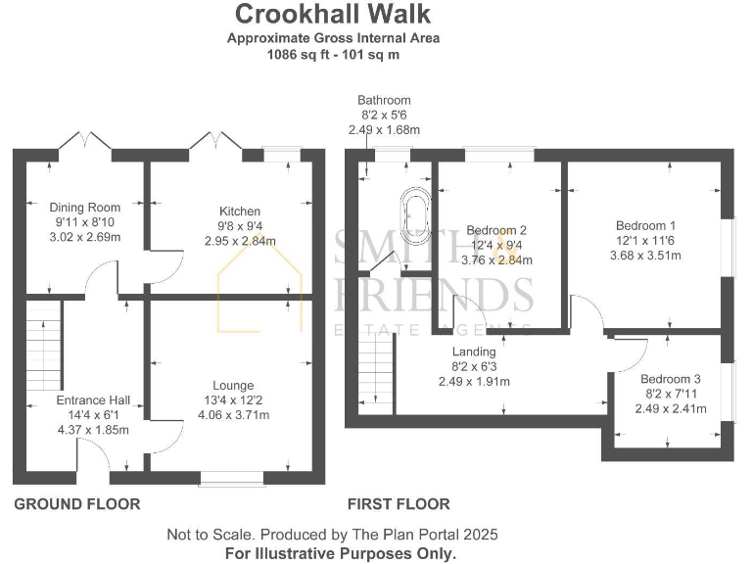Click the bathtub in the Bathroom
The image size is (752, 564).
[416, 211]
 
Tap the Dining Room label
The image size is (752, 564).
[85, 208]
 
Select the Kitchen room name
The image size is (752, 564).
[240, 211]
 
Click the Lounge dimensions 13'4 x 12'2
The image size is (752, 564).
[234, 399]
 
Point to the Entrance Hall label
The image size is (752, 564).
[93, 399]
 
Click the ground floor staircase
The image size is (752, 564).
[43, 346]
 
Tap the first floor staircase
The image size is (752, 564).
[376, 368]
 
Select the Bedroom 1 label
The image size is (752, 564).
[645, 225]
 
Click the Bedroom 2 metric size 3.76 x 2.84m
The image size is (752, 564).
[496, 260]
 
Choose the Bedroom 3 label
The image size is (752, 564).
[671, 379]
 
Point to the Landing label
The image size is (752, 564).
[474, 352]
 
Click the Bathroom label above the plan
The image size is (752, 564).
[384, 100]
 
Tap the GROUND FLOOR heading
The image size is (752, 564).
[77, 504]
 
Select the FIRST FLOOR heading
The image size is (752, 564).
[399, 504]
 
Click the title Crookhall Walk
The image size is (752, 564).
[332, 14]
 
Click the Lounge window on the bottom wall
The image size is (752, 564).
[232, 478]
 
